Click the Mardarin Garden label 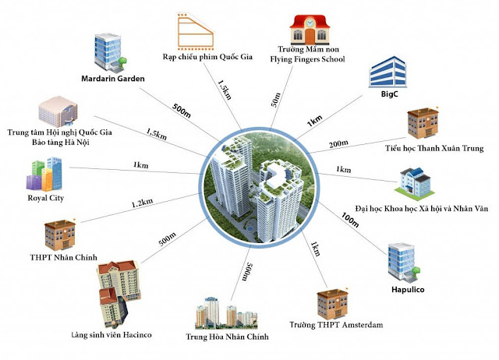click(113, 79)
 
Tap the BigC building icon click(388, 72)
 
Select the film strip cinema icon click(196, 31)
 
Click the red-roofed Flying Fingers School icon click(309, 30)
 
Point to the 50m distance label click(275, 100)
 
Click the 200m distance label click(338, 144)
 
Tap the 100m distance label click(350, 220)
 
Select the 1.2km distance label click(142, 203)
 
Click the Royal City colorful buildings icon click(44, 174)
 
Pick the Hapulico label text click(408, 290)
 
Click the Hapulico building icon click(403, 263)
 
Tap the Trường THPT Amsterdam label click(336, 325)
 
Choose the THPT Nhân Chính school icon click(60, 235)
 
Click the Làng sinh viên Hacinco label click(111, 334)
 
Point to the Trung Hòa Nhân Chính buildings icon click(226, 313)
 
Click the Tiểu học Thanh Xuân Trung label click(434, 148)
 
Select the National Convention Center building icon click(58, 111)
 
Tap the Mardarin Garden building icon click(110, 53)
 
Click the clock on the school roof click(310, 23)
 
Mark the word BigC click(389, 94)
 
